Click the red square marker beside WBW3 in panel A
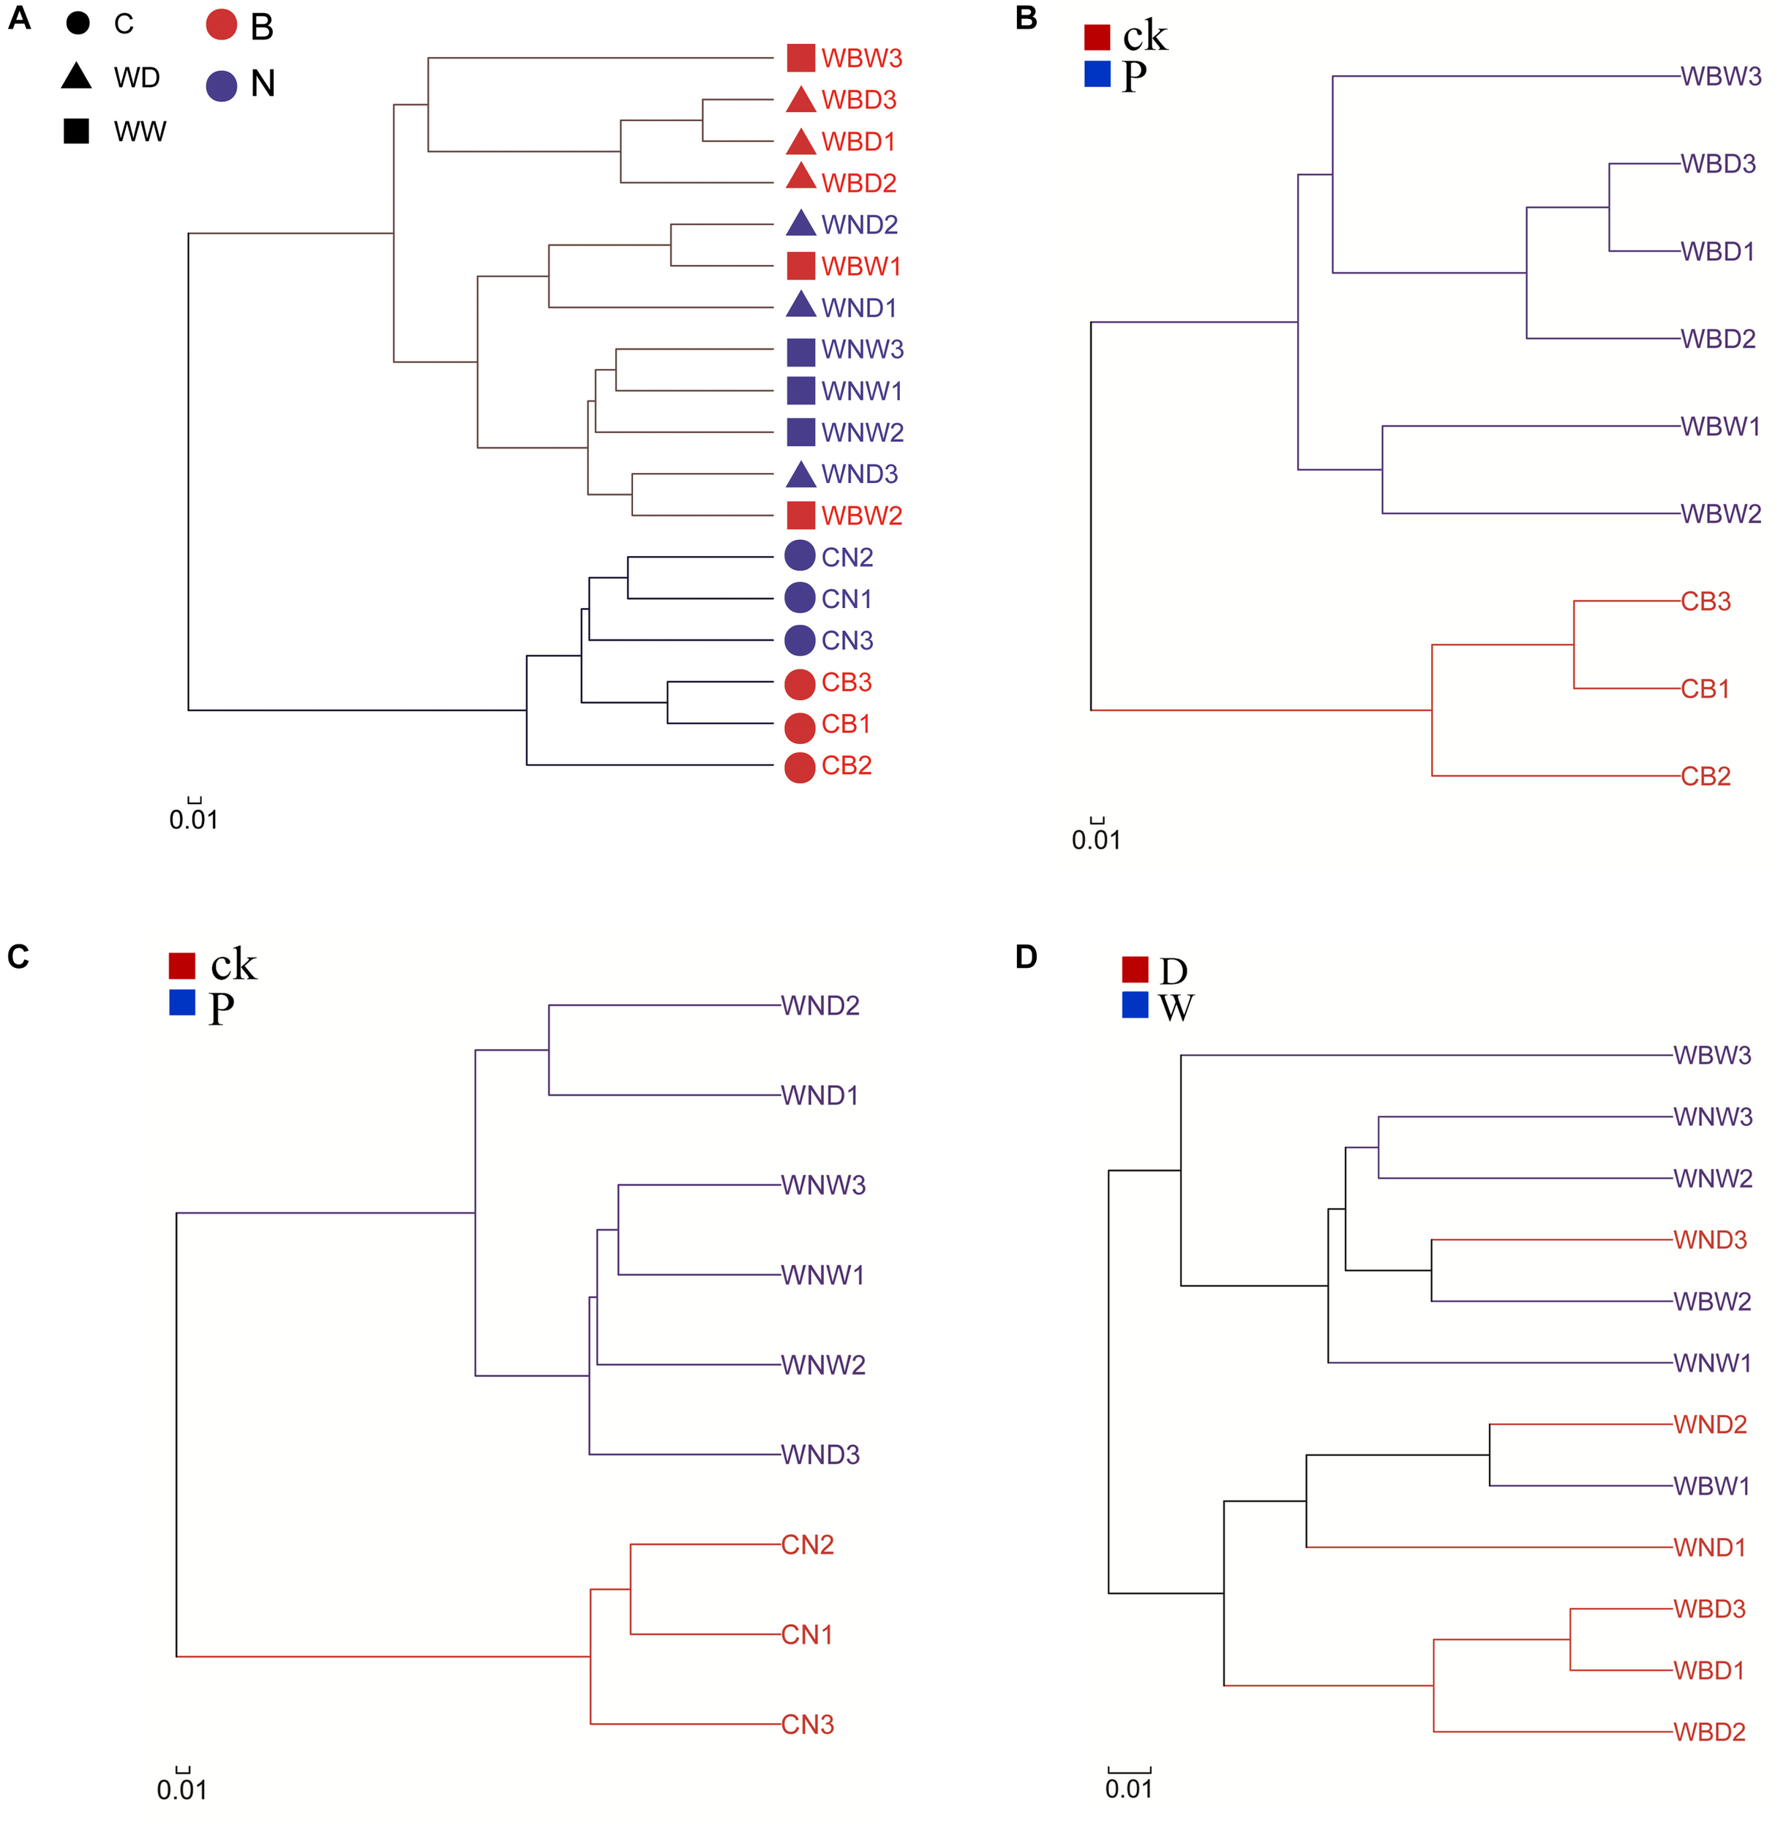[x=800, y=58]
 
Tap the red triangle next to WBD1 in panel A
[x=800, y=143]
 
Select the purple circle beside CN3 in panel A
[x=799, y=641]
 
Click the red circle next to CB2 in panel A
[x=799, y=767]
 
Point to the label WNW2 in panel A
[x=862, y=432]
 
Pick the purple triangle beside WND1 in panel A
[x=800, y=305]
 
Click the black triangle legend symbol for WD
[x=77, y=76]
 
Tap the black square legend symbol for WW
[x=76, y=130]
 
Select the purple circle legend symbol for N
[x=222, y=86]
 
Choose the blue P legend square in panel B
[x=1097, y=74]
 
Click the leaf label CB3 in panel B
[x=1706, y=601]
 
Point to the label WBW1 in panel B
[x=1720, y=427]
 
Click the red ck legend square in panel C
[x=182, y=965]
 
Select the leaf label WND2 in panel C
[x=820, y=1005]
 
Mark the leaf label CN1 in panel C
[x=807, y=1635]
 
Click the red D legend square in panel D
[x=1135, y=969]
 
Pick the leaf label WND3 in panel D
[x=1709, y=1240]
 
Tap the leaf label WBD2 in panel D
[x=1709, y=1732]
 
